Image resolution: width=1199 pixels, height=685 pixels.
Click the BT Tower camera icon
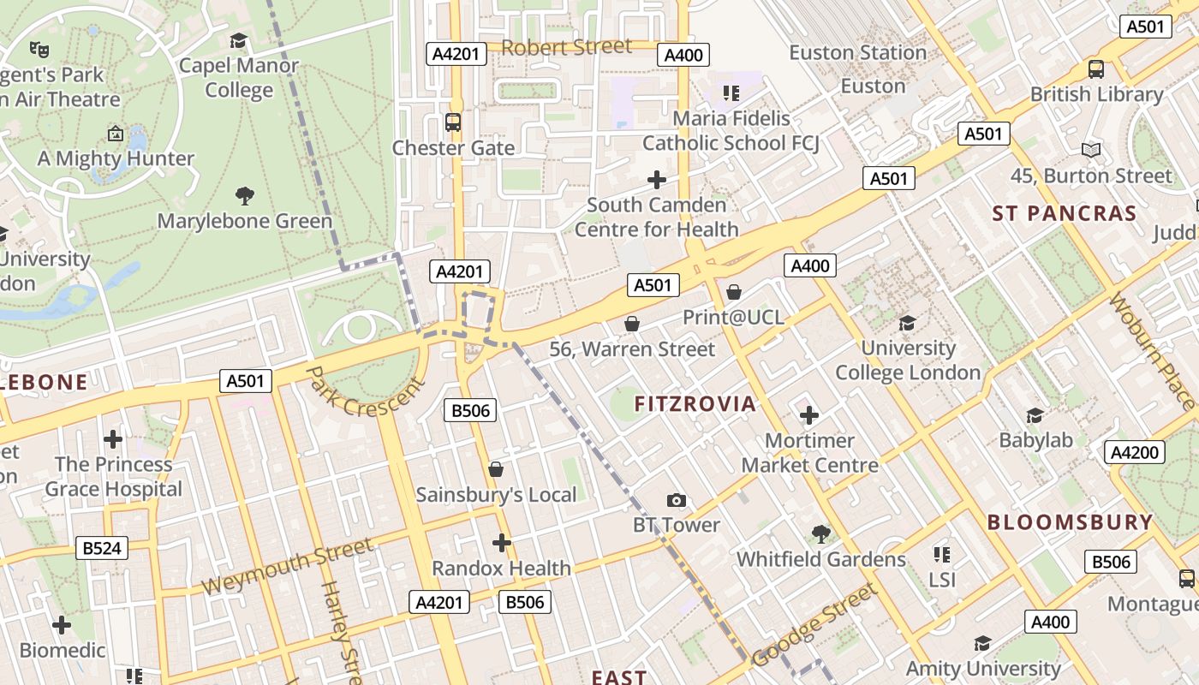(677, 500)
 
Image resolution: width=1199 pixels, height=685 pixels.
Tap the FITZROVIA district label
(695, 404)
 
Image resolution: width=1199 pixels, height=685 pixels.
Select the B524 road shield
(102, 548)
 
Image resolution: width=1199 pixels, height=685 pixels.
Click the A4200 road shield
(1134, 452)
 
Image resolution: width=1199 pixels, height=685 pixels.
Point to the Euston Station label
(857, 53)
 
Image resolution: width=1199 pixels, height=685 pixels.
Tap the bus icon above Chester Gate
(453, 122)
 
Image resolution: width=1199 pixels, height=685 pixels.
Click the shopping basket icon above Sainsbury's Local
(495, 469)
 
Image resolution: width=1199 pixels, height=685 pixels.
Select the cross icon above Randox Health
(502, 543)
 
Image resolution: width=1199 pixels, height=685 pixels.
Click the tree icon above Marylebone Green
(245, 196)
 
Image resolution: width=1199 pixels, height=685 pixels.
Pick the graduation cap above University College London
(908, 323)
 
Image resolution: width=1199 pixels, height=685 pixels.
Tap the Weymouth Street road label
(288, 567)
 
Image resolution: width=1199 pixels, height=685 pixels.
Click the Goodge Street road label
(814, 625)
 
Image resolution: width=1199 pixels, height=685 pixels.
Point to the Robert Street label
(566, 47)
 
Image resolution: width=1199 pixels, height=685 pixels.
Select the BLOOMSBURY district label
(1070, 522)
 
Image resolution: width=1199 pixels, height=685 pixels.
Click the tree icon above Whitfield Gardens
(820, 534)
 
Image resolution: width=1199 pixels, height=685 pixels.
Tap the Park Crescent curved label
(365, 393)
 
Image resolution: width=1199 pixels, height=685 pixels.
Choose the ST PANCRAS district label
(1064, 213)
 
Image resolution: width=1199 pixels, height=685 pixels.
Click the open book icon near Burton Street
(1090, 151)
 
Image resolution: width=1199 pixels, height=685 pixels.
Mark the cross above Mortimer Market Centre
(808, 416)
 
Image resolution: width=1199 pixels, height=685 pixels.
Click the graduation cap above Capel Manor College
(238, 40)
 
